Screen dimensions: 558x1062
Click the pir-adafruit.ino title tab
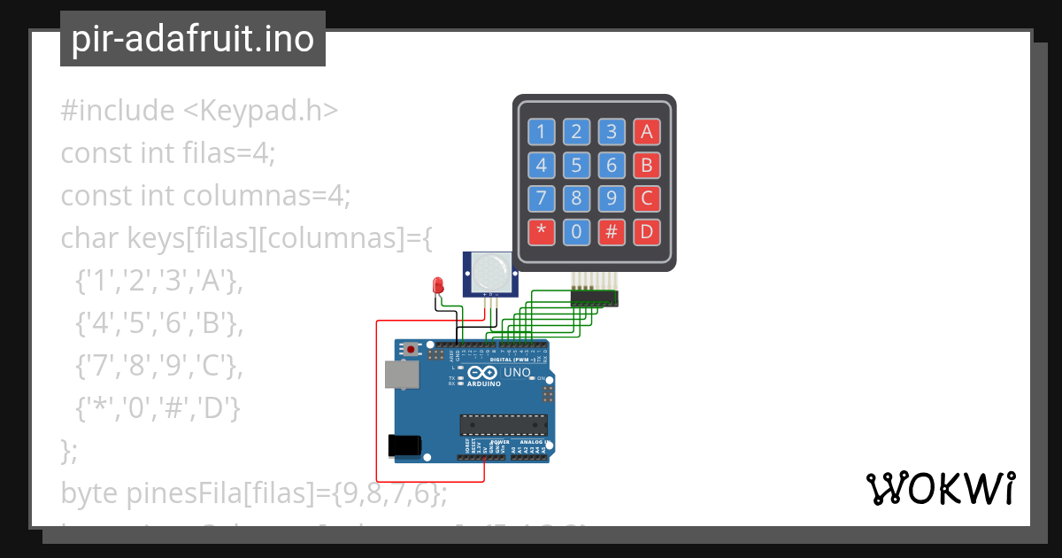coord(193,39)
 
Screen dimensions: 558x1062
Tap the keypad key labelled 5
coord(576,166)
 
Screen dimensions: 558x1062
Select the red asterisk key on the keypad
coord(542,232)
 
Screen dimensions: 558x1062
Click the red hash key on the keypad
coord(611,232)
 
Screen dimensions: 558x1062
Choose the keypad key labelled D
coord(646,232)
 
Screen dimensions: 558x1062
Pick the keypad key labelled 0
coord(576,232)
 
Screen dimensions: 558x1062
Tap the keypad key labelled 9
coord(611,198)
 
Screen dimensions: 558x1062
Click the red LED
coord(437,285)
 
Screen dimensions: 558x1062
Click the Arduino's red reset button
coord(411,350)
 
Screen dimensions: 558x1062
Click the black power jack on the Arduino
coord(404,446)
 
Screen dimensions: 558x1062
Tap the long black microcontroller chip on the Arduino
coord(503,425)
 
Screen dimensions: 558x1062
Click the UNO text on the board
coord(517,373)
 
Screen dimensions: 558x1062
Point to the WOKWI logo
coord(940,489)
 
